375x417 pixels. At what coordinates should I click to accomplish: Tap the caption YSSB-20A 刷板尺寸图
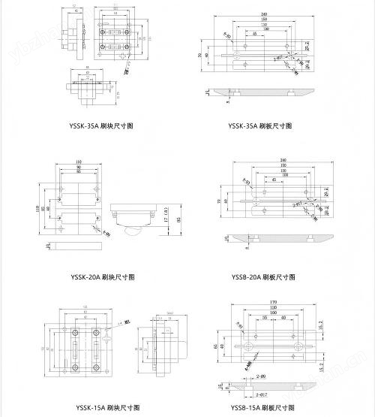263,277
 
